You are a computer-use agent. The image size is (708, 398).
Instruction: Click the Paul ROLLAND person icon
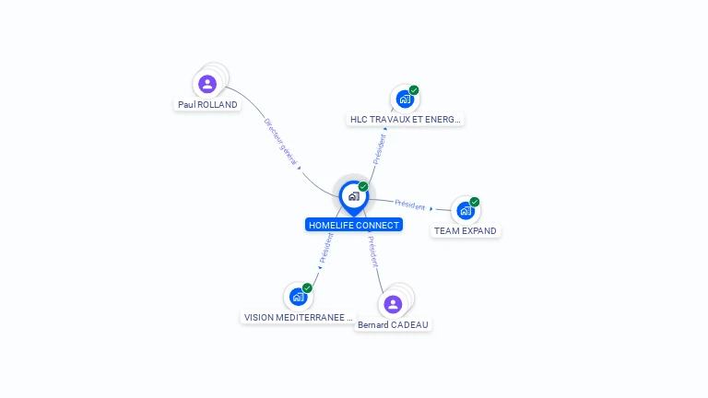207,84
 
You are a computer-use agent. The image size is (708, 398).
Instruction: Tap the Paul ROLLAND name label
207,105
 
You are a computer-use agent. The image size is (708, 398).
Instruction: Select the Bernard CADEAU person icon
393,304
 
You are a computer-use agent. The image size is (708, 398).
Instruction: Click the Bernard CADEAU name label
393,325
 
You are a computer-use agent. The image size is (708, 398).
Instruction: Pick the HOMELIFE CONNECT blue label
354,225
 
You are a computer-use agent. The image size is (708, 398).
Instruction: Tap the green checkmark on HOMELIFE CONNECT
363,186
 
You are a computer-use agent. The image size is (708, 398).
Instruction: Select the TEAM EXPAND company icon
466,211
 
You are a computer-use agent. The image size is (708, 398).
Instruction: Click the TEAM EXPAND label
466,231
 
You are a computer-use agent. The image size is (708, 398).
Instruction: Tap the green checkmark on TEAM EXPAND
474,202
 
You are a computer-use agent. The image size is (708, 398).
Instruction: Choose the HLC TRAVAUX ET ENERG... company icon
405,99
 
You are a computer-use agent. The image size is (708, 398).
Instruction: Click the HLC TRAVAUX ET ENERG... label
405,120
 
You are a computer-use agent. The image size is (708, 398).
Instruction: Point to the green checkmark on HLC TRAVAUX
414,90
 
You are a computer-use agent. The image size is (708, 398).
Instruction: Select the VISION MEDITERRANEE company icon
299,297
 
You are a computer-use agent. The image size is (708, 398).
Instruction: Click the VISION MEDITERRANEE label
299,318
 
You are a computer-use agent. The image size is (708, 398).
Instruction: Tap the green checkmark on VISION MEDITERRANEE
307,287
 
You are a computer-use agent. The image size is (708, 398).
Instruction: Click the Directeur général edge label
281,142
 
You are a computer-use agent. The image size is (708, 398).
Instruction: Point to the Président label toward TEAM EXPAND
410,205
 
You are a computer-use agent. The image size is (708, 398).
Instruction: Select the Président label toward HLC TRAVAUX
379,149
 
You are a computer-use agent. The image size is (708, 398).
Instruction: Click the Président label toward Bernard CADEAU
373,252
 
